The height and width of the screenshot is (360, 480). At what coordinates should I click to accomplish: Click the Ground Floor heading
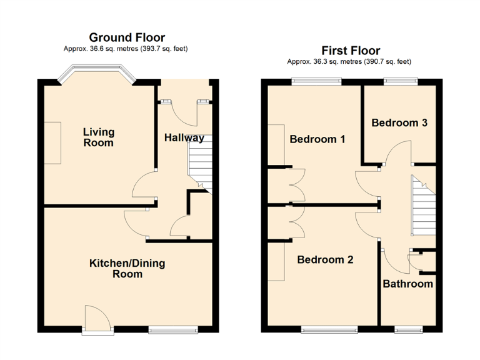127,37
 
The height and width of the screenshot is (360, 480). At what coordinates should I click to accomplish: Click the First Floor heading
351,51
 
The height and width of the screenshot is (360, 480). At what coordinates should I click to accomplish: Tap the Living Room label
99,137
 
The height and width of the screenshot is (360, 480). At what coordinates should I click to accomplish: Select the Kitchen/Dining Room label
127,268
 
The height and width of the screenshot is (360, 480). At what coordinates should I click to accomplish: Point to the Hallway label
184,137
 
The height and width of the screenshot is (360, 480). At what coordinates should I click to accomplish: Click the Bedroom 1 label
317,139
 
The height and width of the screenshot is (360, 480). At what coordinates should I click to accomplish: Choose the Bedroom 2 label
325,259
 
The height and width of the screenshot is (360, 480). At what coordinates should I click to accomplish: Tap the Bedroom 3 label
399,122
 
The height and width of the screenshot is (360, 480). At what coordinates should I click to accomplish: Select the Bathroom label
407,284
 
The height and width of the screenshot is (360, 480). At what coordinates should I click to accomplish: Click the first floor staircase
422,206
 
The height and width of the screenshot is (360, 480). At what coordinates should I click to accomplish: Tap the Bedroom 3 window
401,81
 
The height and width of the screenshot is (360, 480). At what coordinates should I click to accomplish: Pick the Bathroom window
407,329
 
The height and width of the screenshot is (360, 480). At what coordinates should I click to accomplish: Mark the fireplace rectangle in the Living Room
52,143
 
